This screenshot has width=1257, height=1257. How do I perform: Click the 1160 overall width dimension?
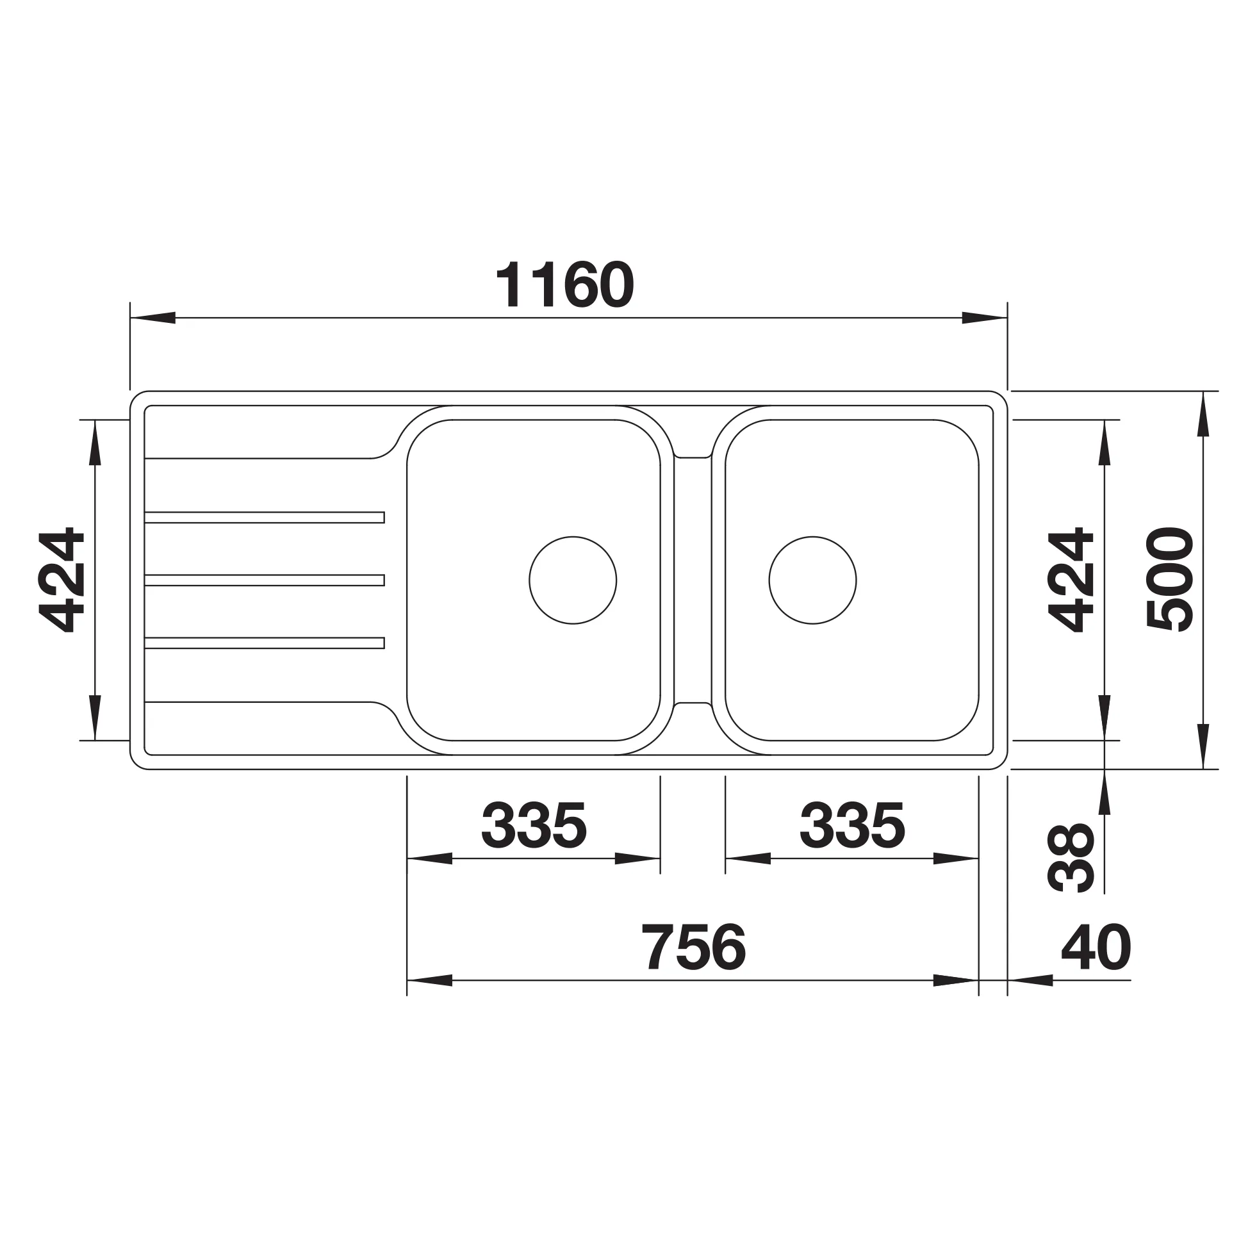[x=564, y=286]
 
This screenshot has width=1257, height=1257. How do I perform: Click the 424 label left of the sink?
[x=62, y=580]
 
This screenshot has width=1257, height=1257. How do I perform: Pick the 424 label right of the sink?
[x=1071, y=579]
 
